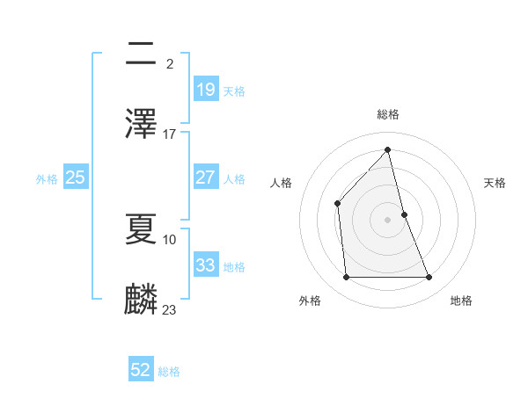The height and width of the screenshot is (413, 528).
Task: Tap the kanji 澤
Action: point(142,123)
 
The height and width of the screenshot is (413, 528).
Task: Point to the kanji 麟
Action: point(142,298)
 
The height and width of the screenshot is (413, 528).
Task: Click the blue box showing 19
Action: point(205,89)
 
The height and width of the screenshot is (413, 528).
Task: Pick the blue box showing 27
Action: point(205,178)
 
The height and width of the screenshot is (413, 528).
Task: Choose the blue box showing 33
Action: point(205,265)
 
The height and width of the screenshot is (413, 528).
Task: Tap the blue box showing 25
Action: point(75,178)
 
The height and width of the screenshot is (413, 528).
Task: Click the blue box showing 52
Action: point(141,370)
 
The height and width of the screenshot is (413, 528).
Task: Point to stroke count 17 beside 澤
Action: point(170,134)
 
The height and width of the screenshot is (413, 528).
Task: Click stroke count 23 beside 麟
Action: point(170,309)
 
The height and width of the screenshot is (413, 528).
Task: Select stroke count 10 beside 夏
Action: point(170,239)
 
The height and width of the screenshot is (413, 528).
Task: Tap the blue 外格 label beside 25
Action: point(47,178)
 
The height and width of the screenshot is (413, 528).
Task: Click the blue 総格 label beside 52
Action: point(169,372)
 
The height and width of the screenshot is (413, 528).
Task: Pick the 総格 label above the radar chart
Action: point(388,114)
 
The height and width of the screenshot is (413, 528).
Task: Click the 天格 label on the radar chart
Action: point(495,183)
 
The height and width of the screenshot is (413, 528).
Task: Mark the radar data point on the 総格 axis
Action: point(388,149)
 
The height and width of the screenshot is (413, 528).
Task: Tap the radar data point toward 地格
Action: point(429,278)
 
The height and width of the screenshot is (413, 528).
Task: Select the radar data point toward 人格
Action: point(337,203)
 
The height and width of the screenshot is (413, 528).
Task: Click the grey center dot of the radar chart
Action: point(388,220)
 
